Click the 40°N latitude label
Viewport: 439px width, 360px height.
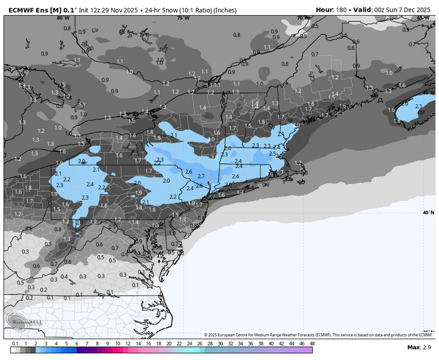coord(428,213)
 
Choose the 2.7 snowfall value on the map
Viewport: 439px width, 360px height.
coord(201,176)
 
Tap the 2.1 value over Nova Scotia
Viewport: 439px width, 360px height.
coord(418,106)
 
